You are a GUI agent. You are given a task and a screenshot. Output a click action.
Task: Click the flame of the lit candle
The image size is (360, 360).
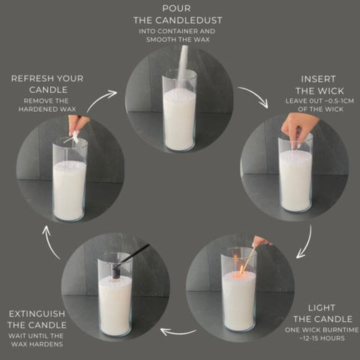[237, 264]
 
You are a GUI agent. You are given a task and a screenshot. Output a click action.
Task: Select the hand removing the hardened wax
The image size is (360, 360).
[78, 124]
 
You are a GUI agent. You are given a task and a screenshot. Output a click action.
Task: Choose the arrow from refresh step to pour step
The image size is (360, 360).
[103, 97]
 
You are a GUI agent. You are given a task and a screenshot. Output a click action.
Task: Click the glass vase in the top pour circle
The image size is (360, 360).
[180, 112]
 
